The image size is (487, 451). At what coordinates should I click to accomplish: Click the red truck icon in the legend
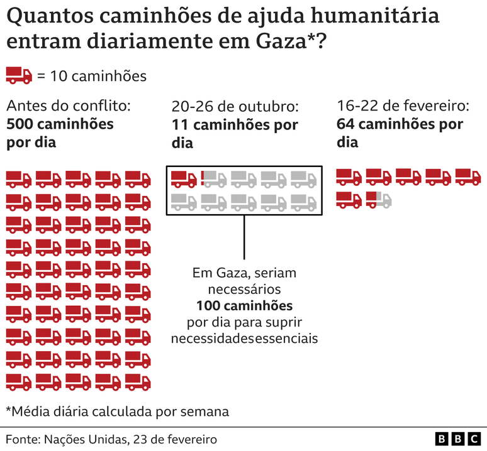(19, 76)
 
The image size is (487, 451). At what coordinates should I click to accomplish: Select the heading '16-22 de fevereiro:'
(403, 106)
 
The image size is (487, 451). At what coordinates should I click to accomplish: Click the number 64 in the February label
(346, 124)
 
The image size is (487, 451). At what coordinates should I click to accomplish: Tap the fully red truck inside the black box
(184, 179)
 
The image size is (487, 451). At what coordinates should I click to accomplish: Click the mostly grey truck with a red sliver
(214, 179)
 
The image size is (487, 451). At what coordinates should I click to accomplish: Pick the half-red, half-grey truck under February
(379, 200)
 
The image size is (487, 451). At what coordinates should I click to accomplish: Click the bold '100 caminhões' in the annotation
(244, 307)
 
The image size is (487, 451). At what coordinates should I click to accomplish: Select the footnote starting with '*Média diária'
(117, 412)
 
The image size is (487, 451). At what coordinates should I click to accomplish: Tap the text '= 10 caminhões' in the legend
(92, 77)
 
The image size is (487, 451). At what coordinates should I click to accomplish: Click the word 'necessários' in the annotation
(244, 290)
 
